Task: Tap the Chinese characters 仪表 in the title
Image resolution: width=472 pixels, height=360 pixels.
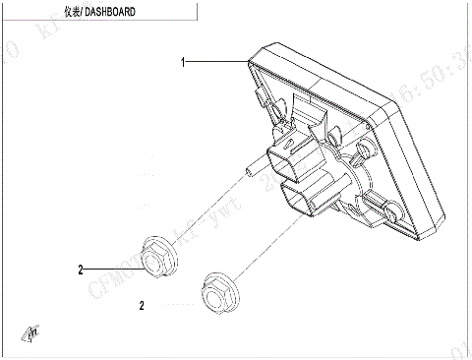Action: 72,12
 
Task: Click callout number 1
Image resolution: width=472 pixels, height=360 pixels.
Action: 183,62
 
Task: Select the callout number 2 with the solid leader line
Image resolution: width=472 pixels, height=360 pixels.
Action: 83,267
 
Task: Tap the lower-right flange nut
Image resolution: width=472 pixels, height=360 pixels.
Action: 218,291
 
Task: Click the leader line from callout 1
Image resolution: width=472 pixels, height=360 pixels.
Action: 216,62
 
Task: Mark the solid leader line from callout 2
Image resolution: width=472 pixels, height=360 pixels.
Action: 113,267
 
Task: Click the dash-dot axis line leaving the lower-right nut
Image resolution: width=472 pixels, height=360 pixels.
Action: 265,246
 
